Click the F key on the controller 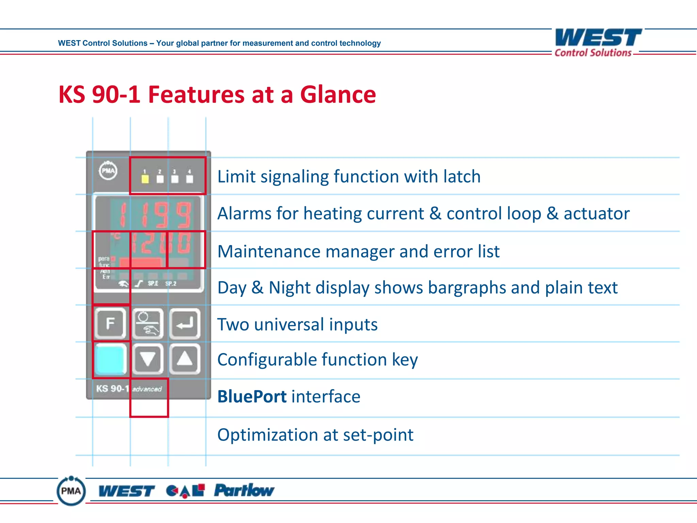[110, 323]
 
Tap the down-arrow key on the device [148, 359]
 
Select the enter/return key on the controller [185, 323]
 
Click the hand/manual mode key [148, 323]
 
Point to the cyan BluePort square [110, 359]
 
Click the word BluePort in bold [252, 397]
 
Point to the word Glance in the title [338, 95]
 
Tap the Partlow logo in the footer [244, 491]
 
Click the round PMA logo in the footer [71, 491]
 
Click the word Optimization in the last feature [267, 435]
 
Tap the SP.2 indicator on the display [171, 284]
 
